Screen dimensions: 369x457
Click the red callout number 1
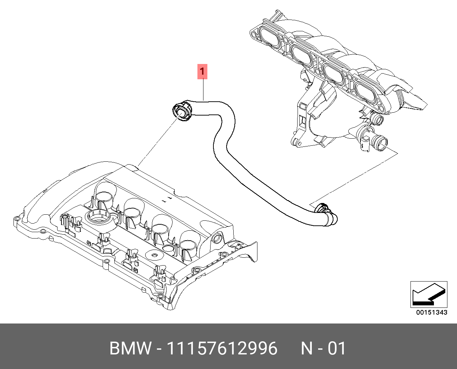[202, 71]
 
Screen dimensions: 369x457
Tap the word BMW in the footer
[130, 348]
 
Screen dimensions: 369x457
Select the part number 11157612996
[222, 348]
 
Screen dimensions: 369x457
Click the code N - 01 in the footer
[323, 348]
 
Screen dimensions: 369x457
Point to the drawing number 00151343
[431, 312]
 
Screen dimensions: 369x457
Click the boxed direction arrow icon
[429, 295]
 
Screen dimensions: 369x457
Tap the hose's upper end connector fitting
[181, 111]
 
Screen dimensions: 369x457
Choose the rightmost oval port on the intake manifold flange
[366, 93]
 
